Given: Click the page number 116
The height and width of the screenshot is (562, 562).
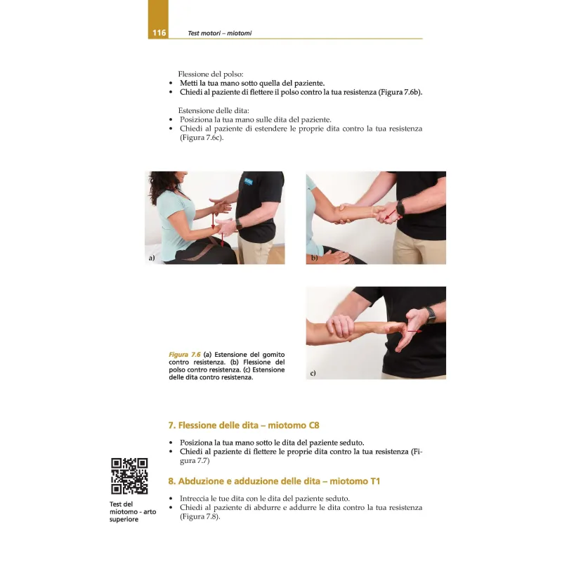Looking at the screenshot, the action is click(x=159, y=33).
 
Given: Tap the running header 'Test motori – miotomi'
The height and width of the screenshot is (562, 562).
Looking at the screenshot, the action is click(x=219, y=33).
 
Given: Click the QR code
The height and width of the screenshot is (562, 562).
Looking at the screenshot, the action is click(x=129, y=476).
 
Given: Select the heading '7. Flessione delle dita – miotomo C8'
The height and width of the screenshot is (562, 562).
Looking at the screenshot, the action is click(x=244, y=426).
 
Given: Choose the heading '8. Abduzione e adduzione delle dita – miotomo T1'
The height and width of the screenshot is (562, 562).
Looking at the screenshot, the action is click(x=274, y=481).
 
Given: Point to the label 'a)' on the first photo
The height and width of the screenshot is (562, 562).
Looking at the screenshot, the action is click(x=152, y=258).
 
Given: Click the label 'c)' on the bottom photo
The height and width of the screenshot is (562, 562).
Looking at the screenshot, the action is click(x=313, y=373).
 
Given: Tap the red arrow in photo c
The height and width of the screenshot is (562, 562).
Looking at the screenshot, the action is click(x=414, y=332).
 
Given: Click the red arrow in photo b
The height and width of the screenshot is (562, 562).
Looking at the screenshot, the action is click(x=390, y=215).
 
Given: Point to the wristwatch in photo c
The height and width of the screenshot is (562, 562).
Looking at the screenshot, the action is click(x=431, y=315).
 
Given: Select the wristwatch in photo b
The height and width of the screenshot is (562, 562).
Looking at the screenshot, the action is click(x=400, y=208).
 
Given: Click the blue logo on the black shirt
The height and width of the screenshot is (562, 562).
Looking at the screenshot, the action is click(x=249, y=181).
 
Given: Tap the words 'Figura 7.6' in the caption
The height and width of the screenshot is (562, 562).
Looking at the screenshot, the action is click(x=185, y=355).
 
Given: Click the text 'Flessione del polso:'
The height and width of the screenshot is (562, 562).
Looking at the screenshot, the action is click(x=211, y=74).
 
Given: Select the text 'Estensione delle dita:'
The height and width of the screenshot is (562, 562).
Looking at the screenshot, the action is click(x=214, y=110).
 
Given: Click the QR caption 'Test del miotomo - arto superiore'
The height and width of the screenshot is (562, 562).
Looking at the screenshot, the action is click(x=133, y=511).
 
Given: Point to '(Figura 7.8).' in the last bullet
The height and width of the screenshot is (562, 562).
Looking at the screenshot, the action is click(x=200, y=516).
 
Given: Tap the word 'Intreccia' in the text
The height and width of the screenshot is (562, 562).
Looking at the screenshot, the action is click(x=194, y=499).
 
